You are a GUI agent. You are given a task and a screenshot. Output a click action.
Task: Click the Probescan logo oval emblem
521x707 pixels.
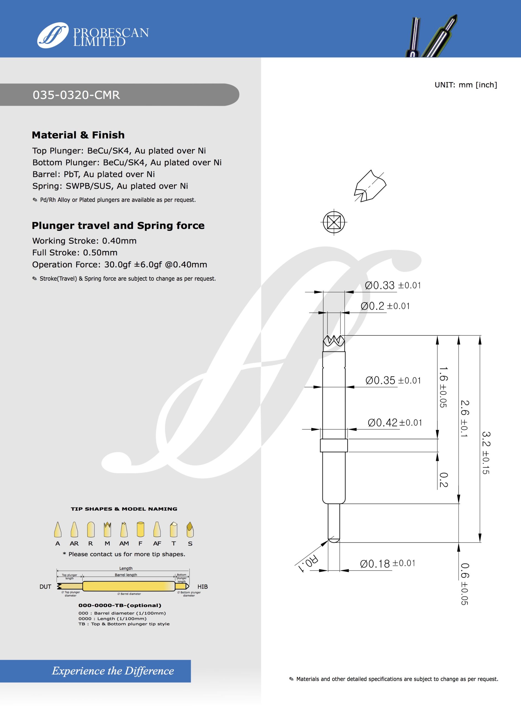coord(52,35)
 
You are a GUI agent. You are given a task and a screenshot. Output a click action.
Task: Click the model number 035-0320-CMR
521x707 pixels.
coord(76,95)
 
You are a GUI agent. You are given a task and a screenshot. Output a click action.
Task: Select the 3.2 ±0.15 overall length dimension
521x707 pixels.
coord(485,453)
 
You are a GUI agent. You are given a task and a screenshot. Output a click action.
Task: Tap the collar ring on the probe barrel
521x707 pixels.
coord(334,445)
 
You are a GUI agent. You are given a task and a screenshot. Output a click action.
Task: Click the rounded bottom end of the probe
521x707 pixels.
coord(334,540)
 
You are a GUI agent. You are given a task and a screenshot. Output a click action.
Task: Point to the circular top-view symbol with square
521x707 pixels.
coord(334,223)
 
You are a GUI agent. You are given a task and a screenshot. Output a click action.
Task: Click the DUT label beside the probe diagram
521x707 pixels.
coord(45,587)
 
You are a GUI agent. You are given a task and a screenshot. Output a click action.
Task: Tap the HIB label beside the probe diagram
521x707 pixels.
coord(202,587)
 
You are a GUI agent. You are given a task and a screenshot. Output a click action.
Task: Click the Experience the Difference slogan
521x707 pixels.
coord(113,671)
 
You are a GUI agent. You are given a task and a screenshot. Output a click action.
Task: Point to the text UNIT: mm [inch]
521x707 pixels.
coord(465,85)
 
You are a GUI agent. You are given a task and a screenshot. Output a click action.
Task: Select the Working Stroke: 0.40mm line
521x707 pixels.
coord(84,241)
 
